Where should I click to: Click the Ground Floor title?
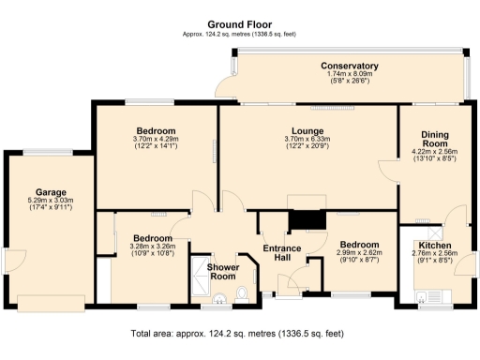pos(240,24)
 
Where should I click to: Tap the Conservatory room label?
pos(350,66)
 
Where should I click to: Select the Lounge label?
pos(307,131)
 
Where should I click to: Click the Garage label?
pos(51,192)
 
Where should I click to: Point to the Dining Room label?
pos(435,139)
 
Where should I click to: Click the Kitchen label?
pos(435,246)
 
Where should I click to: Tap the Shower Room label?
pos(223,272)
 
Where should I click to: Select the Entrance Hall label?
pos(282,253)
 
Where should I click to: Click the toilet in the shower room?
pos(242,294)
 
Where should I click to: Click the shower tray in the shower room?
pos(200,276)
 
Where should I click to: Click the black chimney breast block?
pos(307,220)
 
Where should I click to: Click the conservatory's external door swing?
pos(226,86)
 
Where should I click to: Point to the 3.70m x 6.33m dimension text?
pos(307,139)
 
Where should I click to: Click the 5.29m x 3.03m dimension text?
pos(51,201)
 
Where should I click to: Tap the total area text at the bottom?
pos(237,334)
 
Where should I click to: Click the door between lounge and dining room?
pos(389,171)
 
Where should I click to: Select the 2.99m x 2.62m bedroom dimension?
pos(359,252)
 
